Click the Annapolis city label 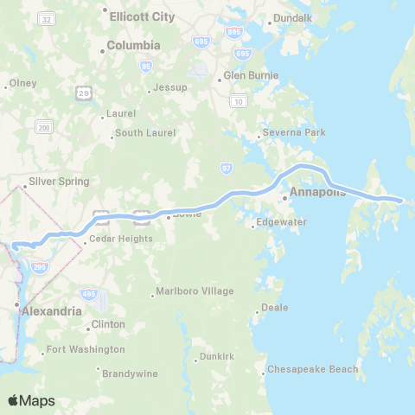(x=318, y=192)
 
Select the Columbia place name (x=133, y=45)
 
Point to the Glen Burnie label (x=251, y=75)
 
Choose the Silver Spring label (x=59, y=182)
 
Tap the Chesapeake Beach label (x=313, y=370)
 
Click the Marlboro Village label (x=196, y=291)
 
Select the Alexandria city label (x=52, y=310)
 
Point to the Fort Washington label (x=86, y=350)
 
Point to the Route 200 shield (x=43, y=127)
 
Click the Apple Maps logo (x=31, y=400)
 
